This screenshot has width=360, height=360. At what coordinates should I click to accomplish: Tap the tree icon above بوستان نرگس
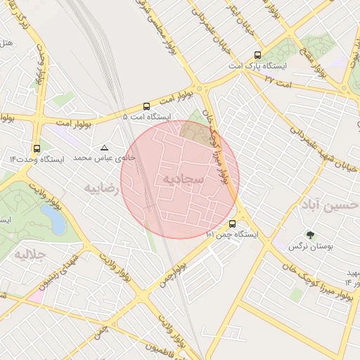coord(310,235)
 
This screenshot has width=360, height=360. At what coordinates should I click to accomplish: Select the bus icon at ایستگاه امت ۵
coord(146,105)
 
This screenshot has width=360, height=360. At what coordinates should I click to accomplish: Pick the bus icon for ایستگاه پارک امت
coord(257,54)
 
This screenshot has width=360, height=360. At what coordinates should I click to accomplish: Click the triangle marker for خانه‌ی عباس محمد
coord(105,148)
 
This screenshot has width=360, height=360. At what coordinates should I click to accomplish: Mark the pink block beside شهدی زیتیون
coord(36,296)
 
